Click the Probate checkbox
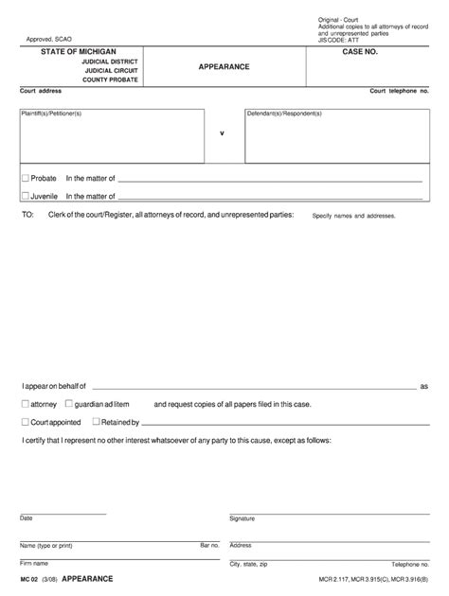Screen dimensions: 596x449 pos(25,178)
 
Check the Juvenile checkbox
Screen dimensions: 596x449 pos(25,197)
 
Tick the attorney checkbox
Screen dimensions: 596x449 pos(25,403)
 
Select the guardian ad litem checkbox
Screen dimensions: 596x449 pos(68,403)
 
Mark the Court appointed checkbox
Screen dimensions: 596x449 pos(25,422)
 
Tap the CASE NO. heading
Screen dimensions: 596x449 pos(360,52)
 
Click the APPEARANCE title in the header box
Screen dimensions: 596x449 pos(224,67)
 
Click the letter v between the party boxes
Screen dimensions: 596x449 pos(222,133)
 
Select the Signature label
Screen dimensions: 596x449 pos(244,518)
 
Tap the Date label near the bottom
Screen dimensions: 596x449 pos(27,517)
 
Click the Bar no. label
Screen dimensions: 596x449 pos(209,545)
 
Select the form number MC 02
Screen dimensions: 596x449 pos(29,578)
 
